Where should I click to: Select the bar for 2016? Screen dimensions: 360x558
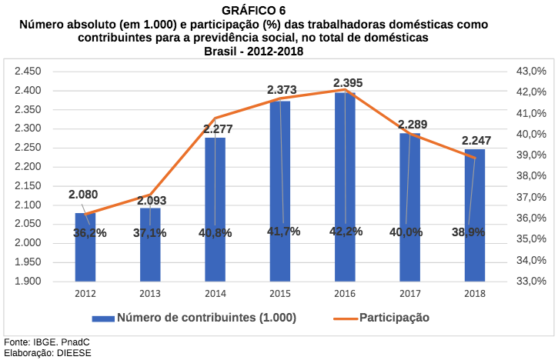coord(345,192)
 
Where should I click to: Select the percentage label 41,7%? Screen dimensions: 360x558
coord(283,232)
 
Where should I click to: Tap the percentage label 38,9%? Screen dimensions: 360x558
coord(468,232)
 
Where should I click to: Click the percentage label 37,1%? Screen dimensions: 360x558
coord(149,232)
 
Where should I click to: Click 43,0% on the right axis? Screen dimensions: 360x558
coord(530,72)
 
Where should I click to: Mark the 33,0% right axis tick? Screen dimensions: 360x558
coord(530,281)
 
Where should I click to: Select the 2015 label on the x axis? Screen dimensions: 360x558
coord(279,293)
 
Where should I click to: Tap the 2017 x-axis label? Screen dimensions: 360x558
coord(410,293)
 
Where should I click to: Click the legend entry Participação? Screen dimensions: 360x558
coord(394,317)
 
